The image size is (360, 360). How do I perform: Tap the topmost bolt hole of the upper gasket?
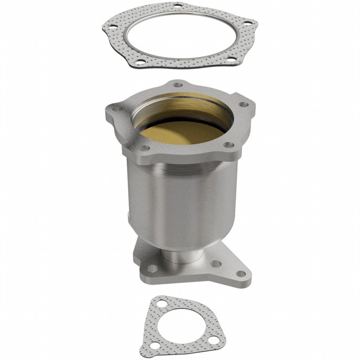click(179, 6)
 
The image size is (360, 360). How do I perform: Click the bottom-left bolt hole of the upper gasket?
click(140, 62)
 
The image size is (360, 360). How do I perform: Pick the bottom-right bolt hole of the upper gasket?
click(230, 60)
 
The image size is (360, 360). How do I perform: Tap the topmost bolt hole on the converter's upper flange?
click(179, 85)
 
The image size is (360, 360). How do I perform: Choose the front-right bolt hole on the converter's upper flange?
click(229, 144)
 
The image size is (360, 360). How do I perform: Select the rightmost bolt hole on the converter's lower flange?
click(241, 273)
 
